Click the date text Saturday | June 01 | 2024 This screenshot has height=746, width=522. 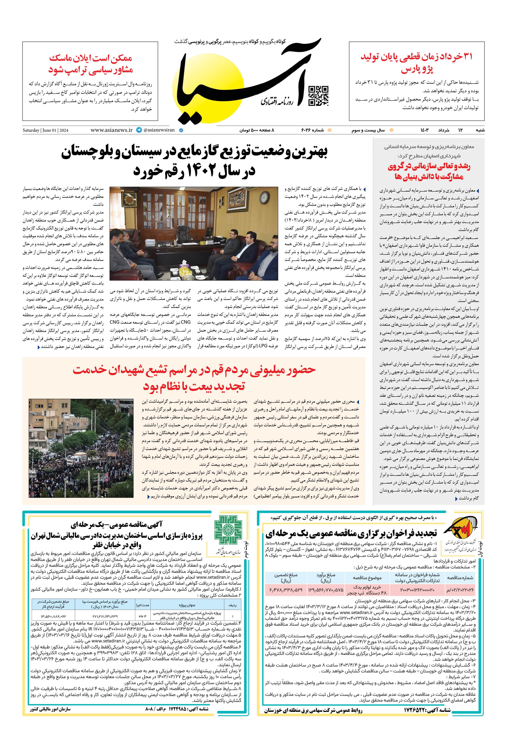click(45, 130)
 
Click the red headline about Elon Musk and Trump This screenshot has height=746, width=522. click(91, 64)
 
